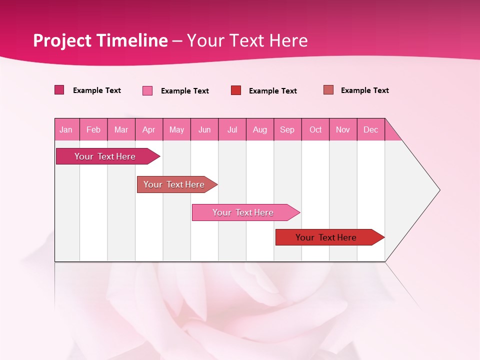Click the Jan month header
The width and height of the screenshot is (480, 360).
pyautogui.click(x=66, y=129)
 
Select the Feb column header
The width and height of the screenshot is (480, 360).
pyautogui.click(x=93, y=129)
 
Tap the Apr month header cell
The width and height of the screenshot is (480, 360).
pyautogui.click(x=149, y=129)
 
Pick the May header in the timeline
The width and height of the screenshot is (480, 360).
pyautogui.click(x=176, y=129)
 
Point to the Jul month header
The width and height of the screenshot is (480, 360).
pyautogui.click(x=232, y=129)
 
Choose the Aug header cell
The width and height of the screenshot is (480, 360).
pyautogui.click(x=260, y=129)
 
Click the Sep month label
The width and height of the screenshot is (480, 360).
pyautogui.click(x=287, y=129)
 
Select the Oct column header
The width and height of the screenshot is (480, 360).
pyautogui.click(x=315, y=129)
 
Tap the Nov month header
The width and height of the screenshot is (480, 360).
pyautogui.click(x=343, y=129)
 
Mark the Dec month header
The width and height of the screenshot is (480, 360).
pyautogui.click(x=371, y=129)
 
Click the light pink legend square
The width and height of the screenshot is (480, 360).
pyautogui.click(x=147, y=90)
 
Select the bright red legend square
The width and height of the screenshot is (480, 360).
pyautogui.click(x=236, y=90)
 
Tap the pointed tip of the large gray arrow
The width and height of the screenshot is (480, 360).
pyautogui.click(x=438, y=190)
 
